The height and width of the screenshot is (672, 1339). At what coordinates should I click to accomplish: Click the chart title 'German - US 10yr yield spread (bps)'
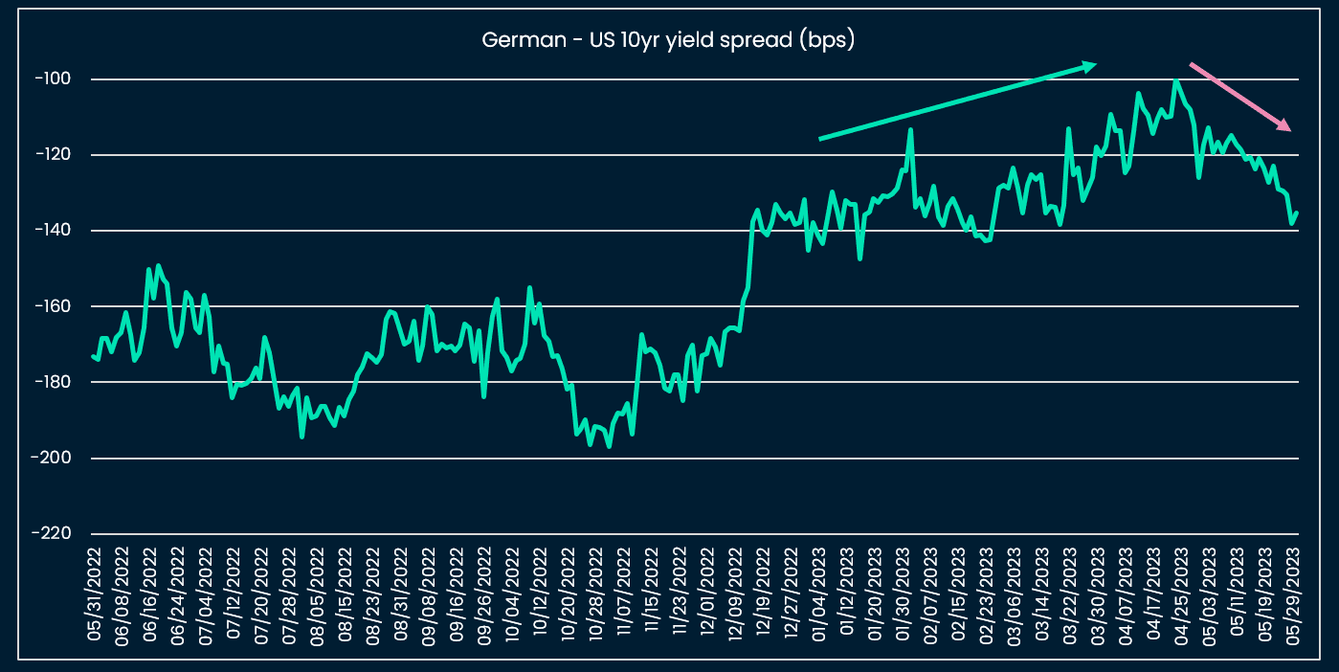point(668,40)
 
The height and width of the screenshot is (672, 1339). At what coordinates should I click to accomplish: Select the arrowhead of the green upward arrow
point(1094,65)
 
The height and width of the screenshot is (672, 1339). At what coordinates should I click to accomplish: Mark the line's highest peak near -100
point(1175,80)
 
